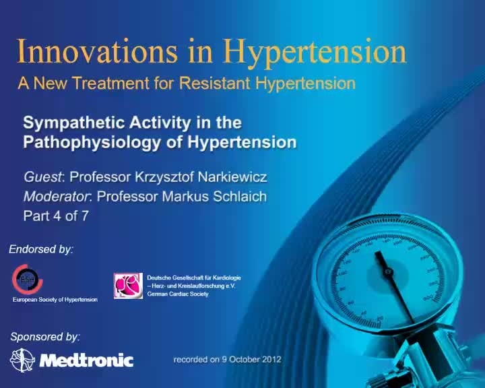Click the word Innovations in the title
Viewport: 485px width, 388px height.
97,51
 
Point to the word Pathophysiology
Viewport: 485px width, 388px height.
92,143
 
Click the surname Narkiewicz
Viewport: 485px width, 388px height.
232,177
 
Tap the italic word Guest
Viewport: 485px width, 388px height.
43,177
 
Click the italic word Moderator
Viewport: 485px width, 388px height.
57,197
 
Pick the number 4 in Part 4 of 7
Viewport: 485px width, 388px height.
57,216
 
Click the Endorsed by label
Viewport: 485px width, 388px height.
41,249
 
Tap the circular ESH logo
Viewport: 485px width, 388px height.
27,279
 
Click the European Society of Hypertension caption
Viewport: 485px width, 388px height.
55,300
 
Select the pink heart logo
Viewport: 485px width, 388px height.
128,286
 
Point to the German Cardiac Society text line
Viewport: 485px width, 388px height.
178,294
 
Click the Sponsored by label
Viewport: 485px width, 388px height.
45,337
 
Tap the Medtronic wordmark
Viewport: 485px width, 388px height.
87,360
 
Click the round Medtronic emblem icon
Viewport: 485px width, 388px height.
23,360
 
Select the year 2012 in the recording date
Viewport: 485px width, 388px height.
271,360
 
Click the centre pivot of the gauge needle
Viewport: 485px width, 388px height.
388,272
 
